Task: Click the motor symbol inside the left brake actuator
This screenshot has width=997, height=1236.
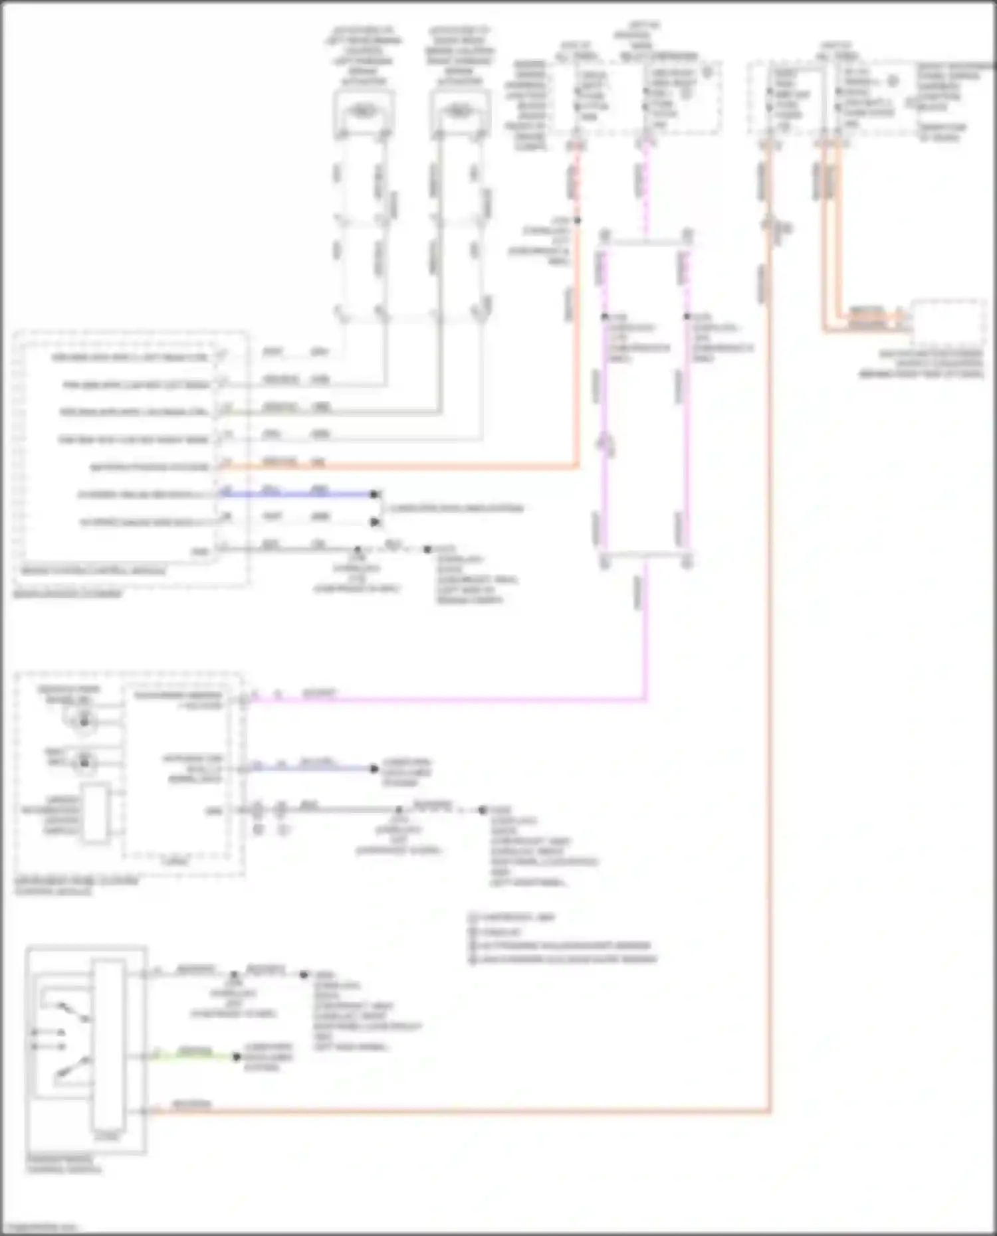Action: tap(362, 110)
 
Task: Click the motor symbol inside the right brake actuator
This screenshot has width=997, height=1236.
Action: tap(458, 110)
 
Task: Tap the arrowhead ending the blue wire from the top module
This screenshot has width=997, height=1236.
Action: tap(375, 494)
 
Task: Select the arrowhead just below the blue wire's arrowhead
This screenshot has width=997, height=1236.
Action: tap(375, 522)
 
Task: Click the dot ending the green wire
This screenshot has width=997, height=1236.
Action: tap(237, 1057)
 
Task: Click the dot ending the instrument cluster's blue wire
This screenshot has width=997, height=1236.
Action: tap(374, 769)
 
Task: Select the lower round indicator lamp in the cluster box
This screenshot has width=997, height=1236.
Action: tap(84, 762)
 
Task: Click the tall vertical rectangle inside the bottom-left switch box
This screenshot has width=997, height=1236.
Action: tap(108, 1049)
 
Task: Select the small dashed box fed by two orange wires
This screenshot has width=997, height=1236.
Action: tap(948, 323)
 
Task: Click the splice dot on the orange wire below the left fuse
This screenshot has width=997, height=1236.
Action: tap(577, 221)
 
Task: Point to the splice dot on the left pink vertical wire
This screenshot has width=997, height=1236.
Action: tap(604, 317)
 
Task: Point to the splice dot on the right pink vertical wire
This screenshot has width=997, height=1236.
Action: tap(687, 317)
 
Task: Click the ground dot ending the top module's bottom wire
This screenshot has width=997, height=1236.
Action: tap(427, 549)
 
